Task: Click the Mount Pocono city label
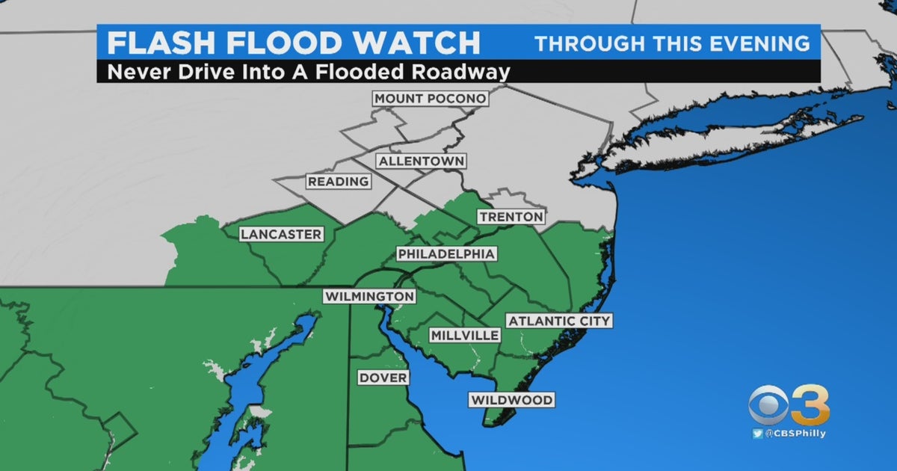(431, 99)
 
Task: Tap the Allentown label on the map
(421, 161)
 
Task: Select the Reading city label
(338, 182)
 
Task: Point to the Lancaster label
(281, 235)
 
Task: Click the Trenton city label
(511, 217)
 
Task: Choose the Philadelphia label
(446, 254)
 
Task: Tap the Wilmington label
(369, 297)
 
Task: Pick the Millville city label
(464, 336)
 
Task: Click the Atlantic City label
(559, 321)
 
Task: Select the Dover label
(383, 378)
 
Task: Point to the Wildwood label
(512, 400)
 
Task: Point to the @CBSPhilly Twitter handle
(795, 434)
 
